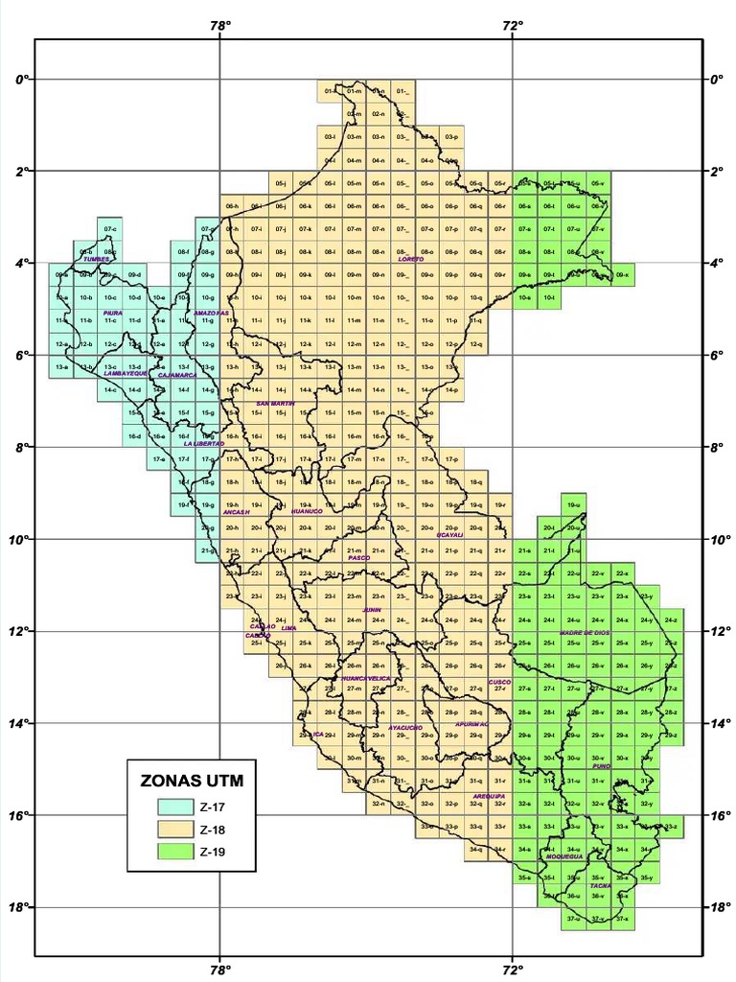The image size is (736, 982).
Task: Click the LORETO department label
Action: tap(410, 259)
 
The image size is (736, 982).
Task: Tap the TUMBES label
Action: tap(97, 259)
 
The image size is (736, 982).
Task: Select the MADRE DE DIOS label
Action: tap(585, 634)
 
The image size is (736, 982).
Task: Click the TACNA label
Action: tap(601, 886)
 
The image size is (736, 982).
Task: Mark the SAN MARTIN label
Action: tap(274, 404)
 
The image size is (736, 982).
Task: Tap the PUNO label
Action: tap(602, 767)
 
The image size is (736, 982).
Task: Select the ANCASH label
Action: tap(237, 512)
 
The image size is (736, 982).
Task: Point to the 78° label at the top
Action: tap(220, 25)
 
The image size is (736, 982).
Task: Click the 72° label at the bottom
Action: tap(513, 969)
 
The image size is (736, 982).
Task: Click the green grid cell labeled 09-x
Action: tap(623, 275)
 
